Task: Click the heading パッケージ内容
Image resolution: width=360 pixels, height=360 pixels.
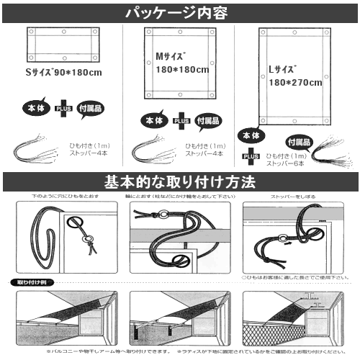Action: (180, 12)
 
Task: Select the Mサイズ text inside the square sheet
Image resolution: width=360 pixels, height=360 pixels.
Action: (172, 57)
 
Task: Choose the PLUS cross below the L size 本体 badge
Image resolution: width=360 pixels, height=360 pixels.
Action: (251, 154)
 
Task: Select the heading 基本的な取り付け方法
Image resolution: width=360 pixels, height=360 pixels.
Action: (180, 181)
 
